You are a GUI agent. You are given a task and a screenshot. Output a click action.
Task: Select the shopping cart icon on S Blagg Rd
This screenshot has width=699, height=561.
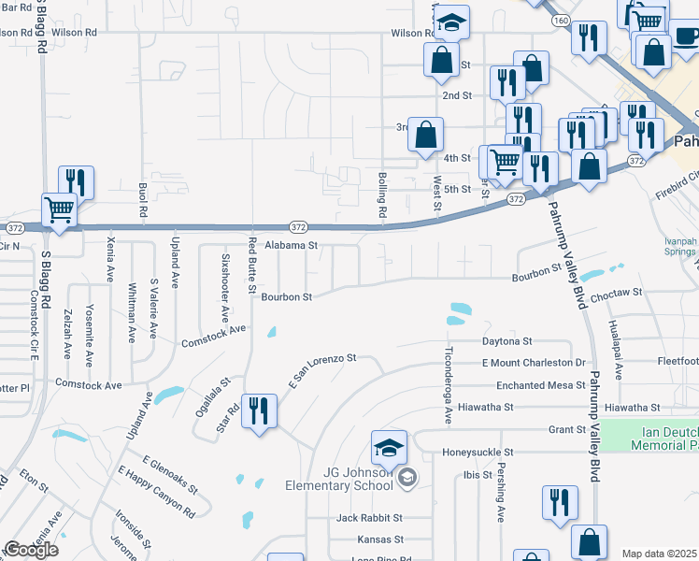[x=58, y=210]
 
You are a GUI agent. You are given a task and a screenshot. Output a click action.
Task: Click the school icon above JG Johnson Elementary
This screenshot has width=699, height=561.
[x=389, y=448]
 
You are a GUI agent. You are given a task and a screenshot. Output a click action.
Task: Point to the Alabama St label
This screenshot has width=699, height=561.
[x=292, y=246]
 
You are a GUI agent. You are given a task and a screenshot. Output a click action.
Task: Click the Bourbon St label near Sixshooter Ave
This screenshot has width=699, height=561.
[x=285, y=297]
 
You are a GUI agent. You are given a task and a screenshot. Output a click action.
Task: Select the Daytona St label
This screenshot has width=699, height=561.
[x=506, y=342]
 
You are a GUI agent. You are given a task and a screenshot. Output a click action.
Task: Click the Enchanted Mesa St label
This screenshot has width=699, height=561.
[x=534, y=385]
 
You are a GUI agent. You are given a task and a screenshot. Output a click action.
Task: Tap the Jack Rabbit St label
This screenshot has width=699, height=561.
[x=369, y=517]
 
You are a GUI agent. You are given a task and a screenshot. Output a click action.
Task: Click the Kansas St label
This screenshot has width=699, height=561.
[x=379, y=539]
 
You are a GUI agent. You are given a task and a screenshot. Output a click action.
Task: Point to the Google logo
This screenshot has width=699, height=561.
[x=31, y=550]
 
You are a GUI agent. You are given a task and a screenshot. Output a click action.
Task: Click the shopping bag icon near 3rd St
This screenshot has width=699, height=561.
[x=426, y=135]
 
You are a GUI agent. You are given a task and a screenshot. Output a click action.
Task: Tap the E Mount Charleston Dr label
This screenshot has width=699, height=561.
[x=533, y=363]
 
